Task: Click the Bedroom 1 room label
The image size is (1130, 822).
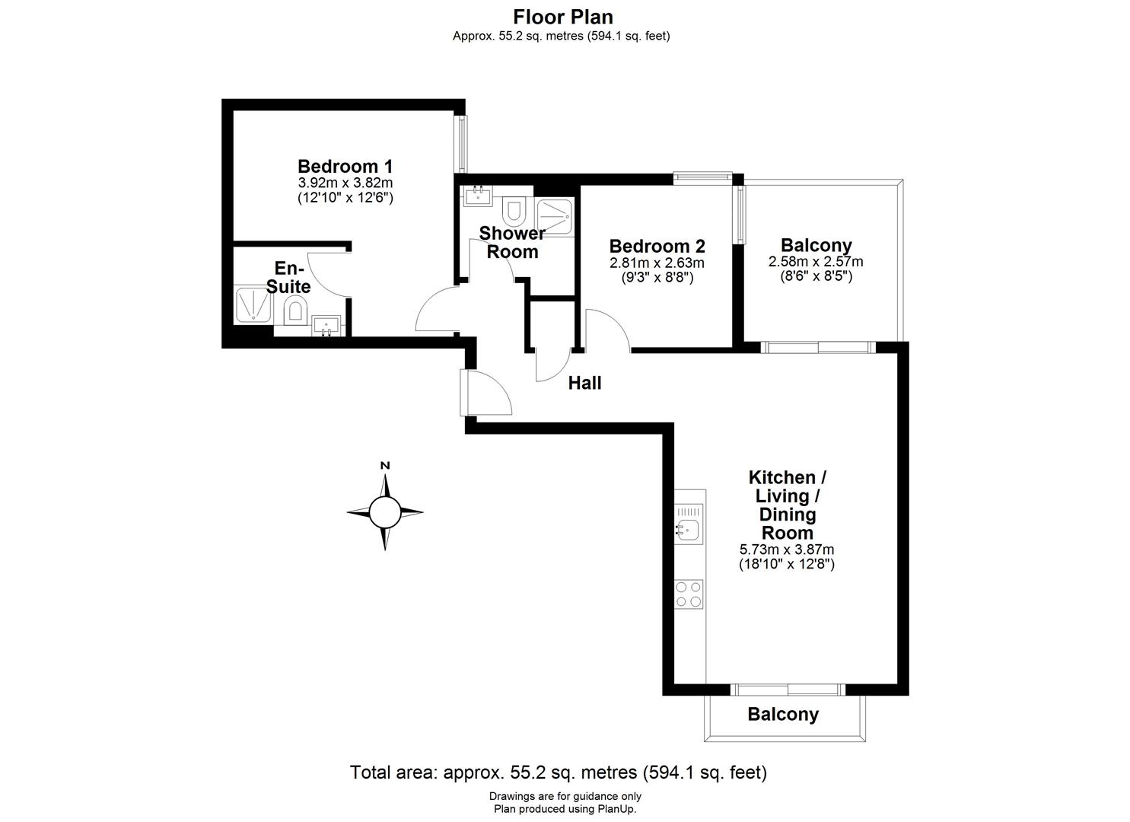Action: click(345, 166)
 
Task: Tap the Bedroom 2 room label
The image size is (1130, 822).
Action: click(657, 247)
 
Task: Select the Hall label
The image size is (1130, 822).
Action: click(584, 383)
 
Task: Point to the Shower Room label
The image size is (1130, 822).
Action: click(512, 242)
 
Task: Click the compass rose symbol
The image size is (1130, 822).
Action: click(385, 512)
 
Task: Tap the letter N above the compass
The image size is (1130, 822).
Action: click(385, 466)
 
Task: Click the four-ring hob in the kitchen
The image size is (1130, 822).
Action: click(689, 594)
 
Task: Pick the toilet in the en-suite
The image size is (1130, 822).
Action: click(295, 311)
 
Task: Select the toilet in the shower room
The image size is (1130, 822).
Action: click(514, 207)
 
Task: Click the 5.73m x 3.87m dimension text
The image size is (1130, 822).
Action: click(787, 550)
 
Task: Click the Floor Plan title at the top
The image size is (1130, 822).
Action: click(563, 17)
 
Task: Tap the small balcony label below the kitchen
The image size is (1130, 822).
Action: click(783, 715)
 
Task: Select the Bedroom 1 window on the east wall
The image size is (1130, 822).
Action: click(461, 144)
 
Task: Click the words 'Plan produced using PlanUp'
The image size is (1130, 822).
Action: click(565, 809)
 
